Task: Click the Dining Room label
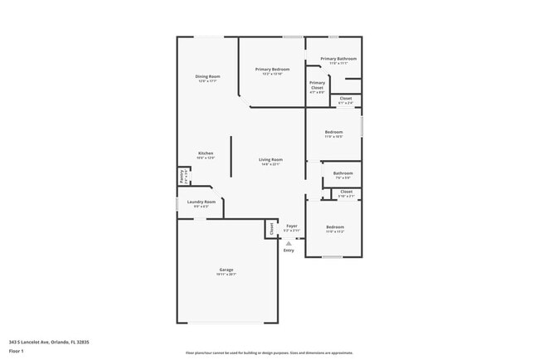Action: click(x=207, y=76)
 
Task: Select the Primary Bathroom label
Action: click(x=338, y=59)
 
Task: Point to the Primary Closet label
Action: click(x=317, y=85)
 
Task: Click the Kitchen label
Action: click(x=206, y=153)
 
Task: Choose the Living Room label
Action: click(x=270, y=159)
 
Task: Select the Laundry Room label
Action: click(x=202, y=202)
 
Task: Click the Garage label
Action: click(x=226, y=270)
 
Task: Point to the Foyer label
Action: click(x=292, y=226)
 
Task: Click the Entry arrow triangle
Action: click(x=289, y=243)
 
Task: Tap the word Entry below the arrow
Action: click(x=289, y=251)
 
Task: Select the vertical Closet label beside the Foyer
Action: click(x=271, y=229)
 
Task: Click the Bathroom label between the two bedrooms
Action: click(x=342, y=173)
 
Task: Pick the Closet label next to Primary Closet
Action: click(x=346, y=99)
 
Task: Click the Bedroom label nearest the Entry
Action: click(x=334, y=227)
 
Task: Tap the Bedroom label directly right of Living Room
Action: click(x=333, y=133)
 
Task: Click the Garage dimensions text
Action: click(x=226, y=275)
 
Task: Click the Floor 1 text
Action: click(x=17, y=352)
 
